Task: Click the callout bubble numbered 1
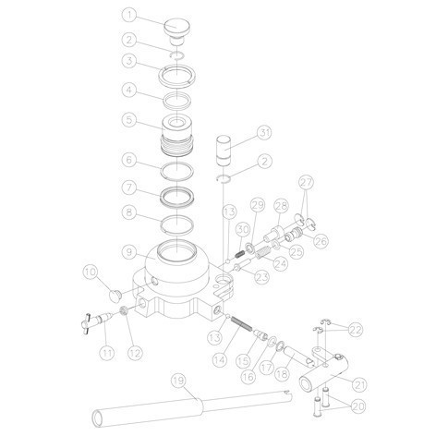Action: (x=129, y=16)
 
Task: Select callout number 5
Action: (x=129, y=119)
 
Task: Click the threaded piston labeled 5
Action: (x=176, y=135)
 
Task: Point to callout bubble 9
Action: (x=129, y=252)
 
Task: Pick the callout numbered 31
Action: (x=264, y=133)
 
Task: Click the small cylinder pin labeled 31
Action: (x=224, y=151)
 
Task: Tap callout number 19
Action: (x=179, y=381)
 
